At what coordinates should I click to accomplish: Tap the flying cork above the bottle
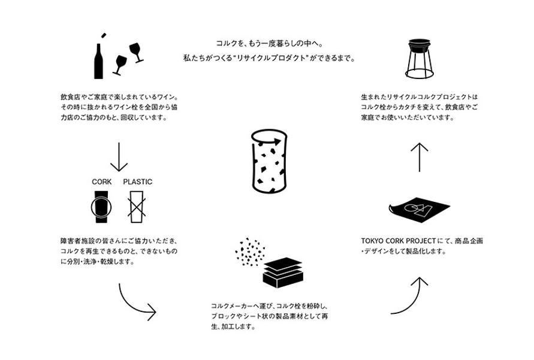click(102, 34)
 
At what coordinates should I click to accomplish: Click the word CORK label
click(101, 181)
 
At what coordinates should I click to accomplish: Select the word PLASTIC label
click(137, 181)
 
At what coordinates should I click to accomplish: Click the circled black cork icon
click(101, 207)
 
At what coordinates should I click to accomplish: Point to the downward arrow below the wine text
click(119, 158)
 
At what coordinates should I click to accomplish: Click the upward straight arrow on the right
click(419, 157)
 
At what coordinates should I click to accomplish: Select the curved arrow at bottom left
click(137, 301)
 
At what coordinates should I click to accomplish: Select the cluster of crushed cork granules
click(251, 252)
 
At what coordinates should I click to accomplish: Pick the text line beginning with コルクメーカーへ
click(267, 305)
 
